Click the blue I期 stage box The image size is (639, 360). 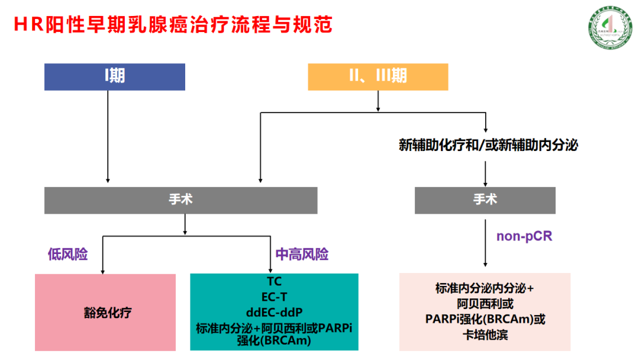tap(115, 76)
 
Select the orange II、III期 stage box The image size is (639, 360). tap(378, 76)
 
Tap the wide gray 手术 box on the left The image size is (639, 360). tap(180, 200)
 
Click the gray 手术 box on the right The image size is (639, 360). tap(485, 200)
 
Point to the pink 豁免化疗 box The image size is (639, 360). tap(105, 312)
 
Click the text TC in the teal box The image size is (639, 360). tap(274, 281)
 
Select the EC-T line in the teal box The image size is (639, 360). tap(274, 296)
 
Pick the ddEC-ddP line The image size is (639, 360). tap(274, 311)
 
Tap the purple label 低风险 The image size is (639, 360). tap(67, 255)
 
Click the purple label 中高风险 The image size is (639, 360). tap(302, 255)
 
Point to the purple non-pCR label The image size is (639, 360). tap(524, 236)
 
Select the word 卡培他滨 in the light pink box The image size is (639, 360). tap(485, 335)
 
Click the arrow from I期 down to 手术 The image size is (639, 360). tap(108, 136)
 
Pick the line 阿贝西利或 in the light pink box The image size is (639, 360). tap(485, 304)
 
